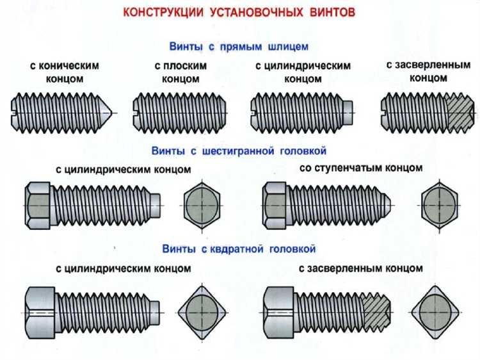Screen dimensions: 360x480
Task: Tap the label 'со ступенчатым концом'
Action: [x=361, y=168]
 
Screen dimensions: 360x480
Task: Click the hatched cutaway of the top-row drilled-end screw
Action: [x=461, y=113]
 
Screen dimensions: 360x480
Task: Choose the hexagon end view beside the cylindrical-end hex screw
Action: [x=203, y=205]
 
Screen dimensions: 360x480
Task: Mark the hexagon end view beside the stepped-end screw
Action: [x=440, y=205]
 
